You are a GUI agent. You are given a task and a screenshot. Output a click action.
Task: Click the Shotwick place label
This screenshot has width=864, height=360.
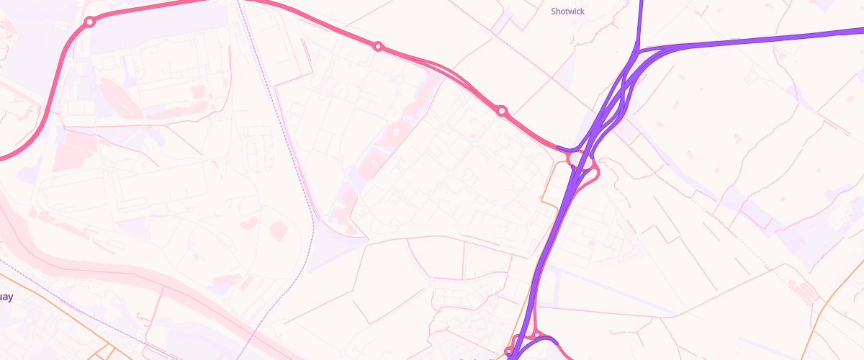tap(568, 12)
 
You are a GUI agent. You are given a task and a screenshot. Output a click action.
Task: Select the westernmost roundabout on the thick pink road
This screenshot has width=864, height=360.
tap(90, 22)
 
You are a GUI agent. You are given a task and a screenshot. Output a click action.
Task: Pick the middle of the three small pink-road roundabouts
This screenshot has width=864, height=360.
tap(377, 47)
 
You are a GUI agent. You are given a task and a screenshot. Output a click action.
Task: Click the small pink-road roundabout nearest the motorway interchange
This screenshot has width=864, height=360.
tap(502, 111)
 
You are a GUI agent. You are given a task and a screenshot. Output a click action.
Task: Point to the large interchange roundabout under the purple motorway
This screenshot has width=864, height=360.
tap(582, 165)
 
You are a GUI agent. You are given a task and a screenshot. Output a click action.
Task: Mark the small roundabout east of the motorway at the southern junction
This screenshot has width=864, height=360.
tap(537, 333)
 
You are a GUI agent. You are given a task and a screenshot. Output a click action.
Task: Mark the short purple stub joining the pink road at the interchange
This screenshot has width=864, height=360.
tap(569, 150)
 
